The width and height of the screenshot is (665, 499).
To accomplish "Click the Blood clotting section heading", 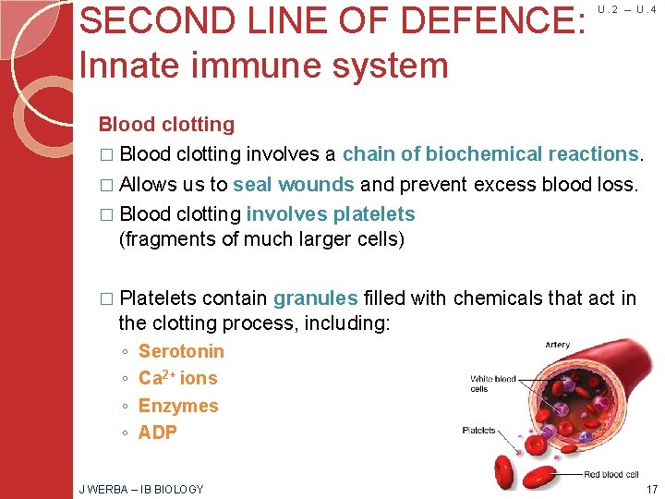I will [x=166, y=125].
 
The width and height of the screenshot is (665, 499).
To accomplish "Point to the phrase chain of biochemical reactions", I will [x=490, y=154].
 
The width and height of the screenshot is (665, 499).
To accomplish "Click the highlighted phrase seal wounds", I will [x=294, y=184].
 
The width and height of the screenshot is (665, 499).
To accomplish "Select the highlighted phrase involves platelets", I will [x=331, y=214].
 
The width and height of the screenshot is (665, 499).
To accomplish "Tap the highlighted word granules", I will [x=315, y=298].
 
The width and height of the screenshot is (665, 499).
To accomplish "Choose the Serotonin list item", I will [x=181, y=351].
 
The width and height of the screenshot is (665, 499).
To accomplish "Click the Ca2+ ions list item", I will [x=177, y=378].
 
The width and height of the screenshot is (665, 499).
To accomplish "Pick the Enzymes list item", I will [x=178, y=406].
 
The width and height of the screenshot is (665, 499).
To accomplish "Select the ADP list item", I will [x=157, y=432].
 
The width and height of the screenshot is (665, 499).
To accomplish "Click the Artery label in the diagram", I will [x=557, y=345].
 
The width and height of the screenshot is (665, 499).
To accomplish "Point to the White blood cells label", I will [x=491, y=383].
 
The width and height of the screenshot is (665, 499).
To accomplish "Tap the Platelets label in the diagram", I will [x=478, y=431].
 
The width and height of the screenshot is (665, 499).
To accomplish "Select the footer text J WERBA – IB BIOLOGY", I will [x=141, y=489].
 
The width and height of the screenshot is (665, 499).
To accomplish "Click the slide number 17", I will [x=652, y=489].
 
